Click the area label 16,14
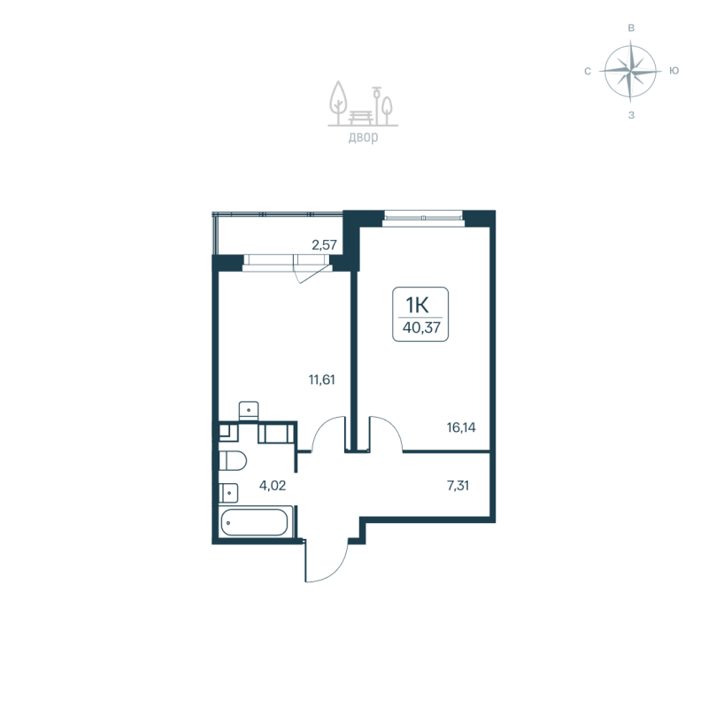tap(460, 426)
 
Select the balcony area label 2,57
tap(324, 243)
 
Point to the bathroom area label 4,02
tap(272, 485)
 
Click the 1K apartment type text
tap(417, 304)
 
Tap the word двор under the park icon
tap(363, 137)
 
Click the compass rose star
tap(630, 71)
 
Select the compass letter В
tap(631, 28)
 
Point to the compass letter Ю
tap(674, 71)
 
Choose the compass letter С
tap(588, 71)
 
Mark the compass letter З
tap(631, 114)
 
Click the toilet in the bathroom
tap(232, 461)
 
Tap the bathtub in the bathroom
tap(255, 522)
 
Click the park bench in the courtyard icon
tap(363, 115)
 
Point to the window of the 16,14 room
tap(424, 215)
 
